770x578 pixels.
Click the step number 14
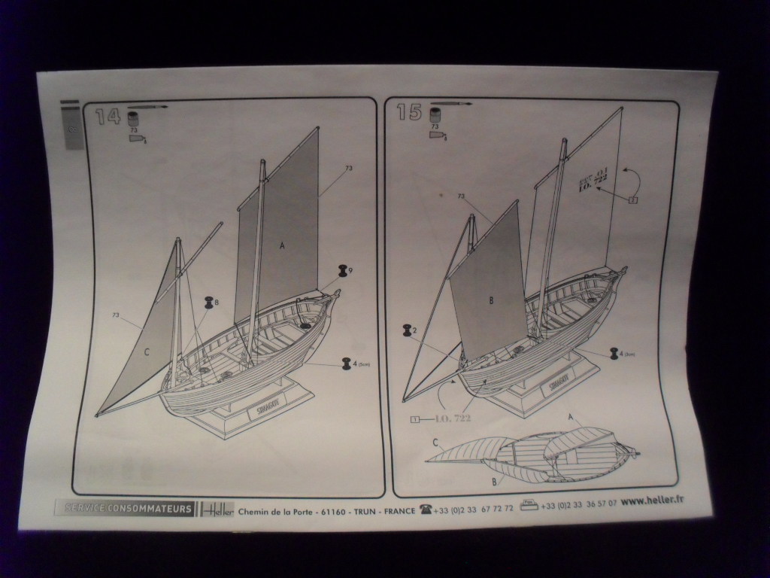pyautogui.click(x=108, y=115)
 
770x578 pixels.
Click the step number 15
pyautogui.click(x=409, y=111)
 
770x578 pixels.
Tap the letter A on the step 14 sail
pyautogui.click(x=283, y=245)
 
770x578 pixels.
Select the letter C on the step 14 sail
pyautogui.click(x=146, y=351)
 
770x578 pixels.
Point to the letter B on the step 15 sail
pyautogui.click(x=491, y=301)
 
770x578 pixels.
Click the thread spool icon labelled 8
pyautogui.click(x=208, y=303)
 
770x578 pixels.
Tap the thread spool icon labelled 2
pyautogui.click(x=408, y=330)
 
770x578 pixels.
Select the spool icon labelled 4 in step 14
pyautogui.click(x=347, y=364)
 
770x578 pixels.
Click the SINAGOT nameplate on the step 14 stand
pyautogui.click(x=260, y=410)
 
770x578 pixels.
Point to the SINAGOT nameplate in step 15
pyautogui.click(x=557, y=381)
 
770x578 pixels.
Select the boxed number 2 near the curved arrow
pyautogui.click(x=633, y=199)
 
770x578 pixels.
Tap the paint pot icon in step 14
pyautogui.click(x=134, y=118)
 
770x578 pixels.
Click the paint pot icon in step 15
pyautogui.click(x=435, y=115)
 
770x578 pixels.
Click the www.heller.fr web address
pyautogui.click(x=653, y=500)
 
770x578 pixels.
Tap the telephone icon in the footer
pyautogui.click(x=426, y=510)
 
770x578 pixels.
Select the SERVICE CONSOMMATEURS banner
pyautogui.click(x=125, y=509)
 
